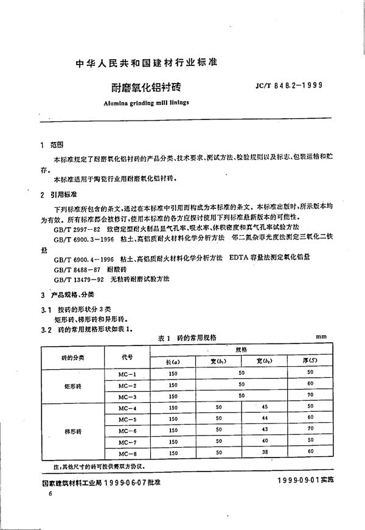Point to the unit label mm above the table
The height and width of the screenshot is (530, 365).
click(321, 336)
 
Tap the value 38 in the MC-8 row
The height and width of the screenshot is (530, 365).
click(264, 451)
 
